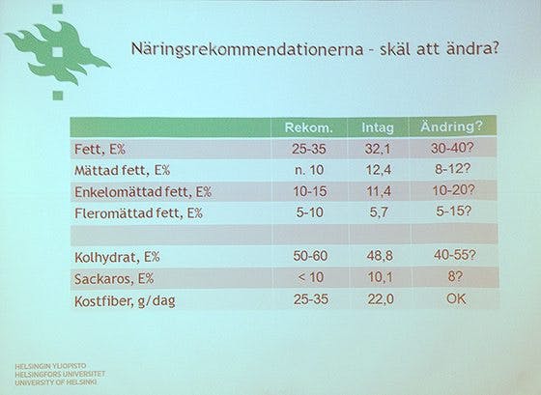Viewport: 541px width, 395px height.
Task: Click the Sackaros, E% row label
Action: click(x=114, y=280)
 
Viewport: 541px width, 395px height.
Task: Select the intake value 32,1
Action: click(x=378, y=150)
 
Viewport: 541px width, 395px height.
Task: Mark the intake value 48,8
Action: click(x=378, y=258)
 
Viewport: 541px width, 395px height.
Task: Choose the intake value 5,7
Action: click(x=378, y=212)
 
